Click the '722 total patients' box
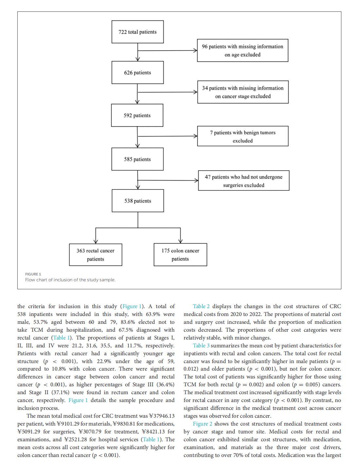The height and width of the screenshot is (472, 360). [137, 32]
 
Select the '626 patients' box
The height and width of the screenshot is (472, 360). [137, 72]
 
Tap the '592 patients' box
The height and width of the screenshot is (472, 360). [137, 115]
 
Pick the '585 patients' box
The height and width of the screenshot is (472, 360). [137, 159]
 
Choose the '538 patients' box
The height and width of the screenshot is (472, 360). [138, 201]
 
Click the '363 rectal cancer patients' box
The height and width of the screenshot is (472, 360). [96, 254]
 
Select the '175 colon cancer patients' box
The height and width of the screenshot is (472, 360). [180, 254]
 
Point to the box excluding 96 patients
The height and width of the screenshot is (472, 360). [243, 50]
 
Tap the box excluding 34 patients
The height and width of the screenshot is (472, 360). [243, 92]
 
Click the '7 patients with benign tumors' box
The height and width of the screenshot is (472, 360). [243, 136]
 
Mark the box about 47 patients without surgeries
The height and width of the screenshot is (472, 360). [244, 181]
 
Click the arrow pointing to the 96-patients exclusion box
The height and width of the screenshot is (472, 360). [167, 51]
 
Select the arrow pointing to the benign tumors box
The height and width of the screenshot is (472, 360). [167, 136]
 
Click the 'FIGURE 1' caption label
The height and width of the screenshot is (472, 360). [33, 274]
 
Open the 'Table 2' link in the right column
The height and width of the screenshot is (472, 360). [201, 306]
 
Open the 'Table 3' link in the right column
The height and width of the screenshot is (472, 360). [201, 345]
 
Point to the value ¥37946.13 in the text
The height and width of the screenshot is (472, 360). [162, 416]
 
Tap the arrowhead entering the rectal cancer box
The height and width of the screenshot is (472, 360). [96, 241]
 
